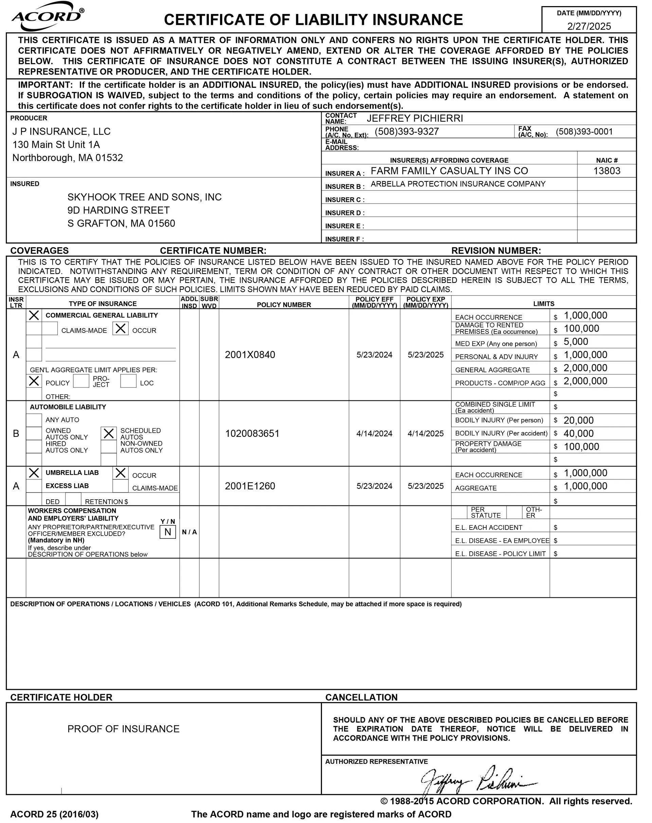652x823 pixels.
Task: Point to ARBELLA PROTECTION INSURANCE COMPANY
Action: coord(458,184)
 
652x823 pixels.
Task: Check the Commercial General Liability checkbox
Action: coord(34,315)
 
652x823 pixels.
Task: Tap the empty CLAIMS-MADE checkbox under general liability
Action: coord(50,329)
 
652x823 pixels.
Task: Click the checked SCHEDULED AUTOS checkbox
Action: coord(109,433)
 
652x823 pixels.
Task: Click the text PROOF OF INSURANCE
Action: coord(123,729)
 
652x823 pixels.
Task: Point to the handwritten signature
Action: coord(477,779)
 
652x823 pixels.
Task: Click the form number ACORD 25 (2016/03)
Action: coord(54,814)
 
